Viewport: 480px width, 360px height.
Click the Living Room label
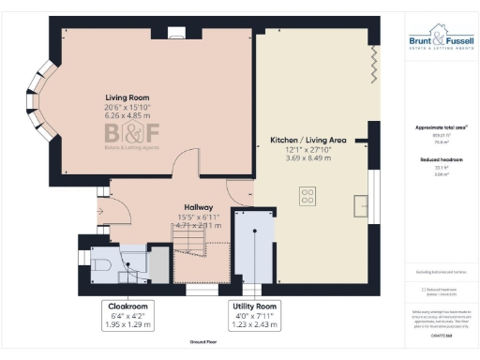tap(123, 97)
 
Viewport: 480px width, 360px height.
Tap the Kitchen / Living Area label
tap(308, 140)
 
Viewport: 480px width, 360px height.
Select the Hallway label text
tap(198, 207)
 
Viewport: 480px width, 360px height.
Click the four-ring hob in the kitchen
tap(307, 196)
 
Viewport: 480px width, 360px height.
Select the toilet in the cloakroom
tap(104, 265)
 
